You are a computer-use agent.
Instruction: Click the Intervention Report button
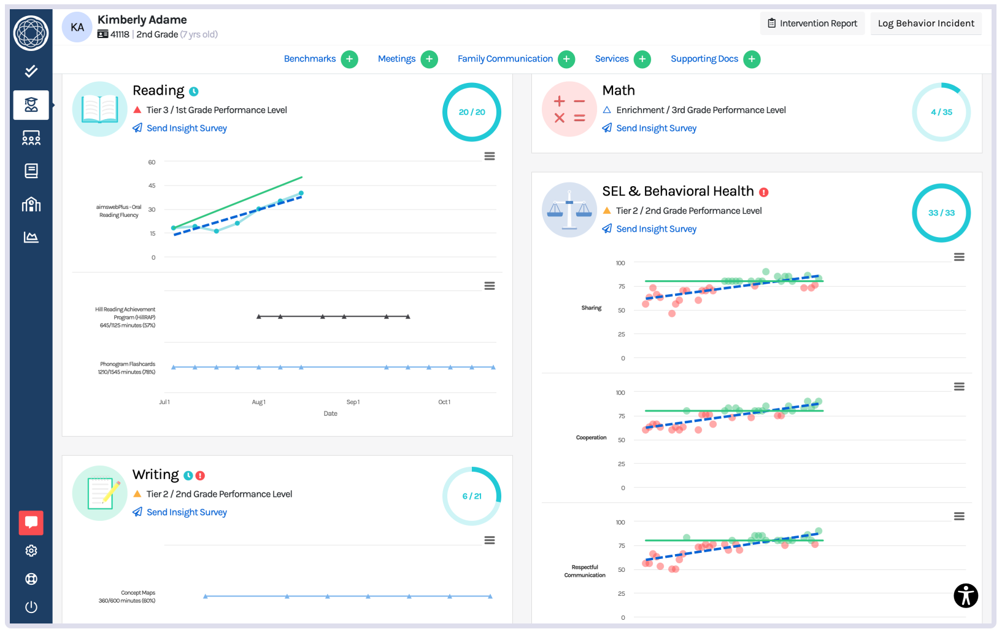pos(812,23)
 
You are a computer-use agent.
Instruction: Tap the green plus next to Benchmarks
pos(349,59)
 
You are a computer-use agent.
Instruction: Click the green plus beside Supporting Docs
pos(751,59)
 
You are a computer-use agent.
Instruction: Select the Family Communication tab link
pos(504,59)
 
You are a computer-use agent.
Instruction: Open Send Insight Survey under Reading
pos(187,128)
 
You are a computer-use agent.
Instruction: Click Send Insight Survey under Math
pos(656,128)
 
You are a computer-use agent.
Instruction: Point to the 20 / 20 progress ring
pos(471,112)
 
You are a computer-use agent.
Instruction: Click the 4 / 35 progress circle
pos(941,112)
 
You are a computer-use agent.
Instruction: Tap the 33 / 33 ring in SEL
pos(941,213)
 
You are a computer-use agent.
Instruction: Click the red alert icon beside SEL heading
pos(764,192)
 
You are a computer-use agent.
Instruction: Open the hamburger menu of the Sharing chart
pos(959,257)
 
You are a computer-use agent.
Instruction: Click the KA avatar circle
pos(77,27)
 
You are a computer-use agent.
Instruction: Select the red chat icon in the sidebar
pos(31,523)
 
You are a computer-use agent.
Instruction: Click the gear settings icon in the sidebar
pos(31,551)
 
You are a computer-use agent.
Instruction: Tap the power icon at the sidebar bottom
pos(31,607)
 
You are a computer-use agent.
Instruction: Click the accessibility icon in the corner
pos(965,595)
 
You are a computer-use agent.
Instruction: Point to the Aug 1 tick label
pos(258,402)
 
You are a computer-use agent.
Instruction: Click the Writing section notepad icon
pos(100,493)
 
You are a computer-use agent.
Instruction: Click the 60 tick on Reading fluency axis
pos(152,162)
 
